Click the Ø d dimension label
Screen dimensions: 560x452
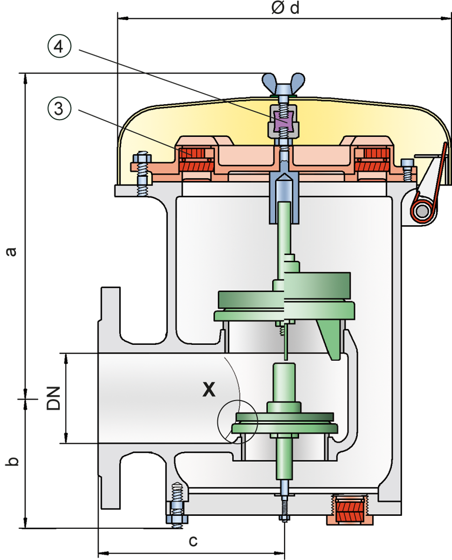[285, 8]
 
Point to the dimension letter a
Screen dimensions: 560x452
[11, 251]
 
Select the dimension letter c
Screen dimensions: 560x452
[193, 541]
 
